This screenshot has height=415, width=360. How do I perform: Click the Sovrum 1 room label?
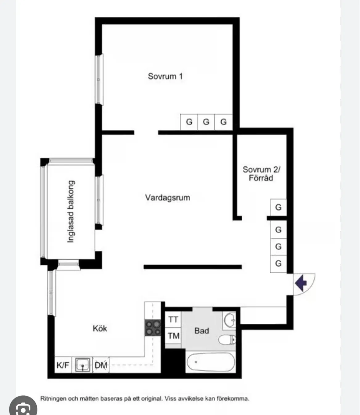[x=165, y=76]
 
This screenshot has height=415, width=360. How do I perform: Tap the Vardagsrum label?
[x=168, y=197]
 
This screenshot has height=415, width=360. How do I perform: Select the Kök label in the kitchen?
[x=100, y=328]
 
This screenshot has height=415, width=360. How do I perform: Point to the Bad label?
[x=202, y=331]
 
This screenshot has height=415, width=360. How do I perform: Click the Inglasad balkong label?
[x=71, y=211]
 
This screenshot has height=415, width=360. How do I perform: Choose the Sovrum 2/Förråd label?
[x=261, y=173]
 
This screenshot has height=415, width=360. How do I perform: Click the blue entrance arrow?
[x=301, y=283]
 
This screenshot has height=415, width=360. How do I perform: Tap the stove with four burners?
[x=153, y=328]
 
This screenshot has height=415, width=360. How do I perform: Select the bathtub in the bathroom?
[x=211, y=362]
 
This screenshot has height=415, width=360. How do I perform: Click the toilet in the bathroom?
[x=227, y=340]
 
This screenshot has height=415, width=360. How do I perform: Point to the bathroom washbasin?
[x=229, y=320]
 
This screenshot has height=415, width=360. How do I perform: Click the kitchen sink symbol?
[x=83, y=365]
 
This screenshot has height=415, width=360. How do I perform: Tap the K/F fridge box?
[x=63, y=365]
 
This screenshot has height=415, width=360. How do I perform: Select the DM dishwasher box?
[x=101, y=365]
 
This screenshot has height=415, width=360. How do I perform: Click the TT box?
[x=173, y=319]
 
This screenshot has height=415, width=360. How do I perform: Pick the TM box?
[x=173, y=336]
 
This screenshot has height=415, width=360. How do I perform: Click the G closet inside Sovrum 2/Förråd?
[x=278, y=207]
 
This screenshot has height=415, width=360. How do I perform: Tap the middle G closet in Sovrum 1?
[x=206, y=122]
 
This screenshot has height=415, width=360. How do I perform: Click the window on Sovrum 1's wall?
[x=99, y=79]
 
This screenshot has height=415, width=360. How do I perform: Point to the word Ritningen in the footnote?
[x=53, y=399]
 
